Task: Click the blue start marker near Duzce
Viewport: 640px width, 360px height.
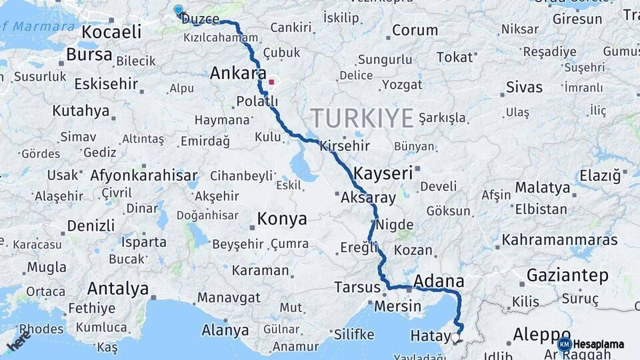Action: click(x=178, y=10)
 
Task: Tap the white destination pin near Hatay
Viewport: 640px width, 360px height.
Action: click(x=456, y=337)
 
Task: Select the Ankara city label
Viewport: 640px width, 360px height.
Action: click(x=238, y=74)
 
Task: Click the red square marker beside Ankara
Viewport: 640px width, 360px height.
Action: click(x=271, y=83)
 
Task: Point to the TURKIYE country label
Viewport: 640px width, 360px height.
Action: click(x=362, y=118)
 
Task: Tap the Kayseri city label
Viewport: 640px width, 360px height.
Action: click(x=383, y=173)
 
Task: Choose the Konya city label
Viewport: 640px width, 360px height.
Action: click(x=282, y=219)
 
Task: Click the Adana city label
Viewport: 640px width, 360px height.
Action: click(x=439, y=280)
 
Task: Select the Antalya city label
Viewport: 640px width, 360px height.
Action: click(x=118, y=289)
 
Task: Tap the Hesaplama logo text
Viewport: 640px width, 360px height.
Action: click(x=599, y=344)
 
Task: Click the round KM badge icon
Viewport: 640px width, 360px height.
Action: click(x=565, y=344)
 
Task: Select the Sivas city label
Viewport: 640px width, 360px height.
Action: click(x=524, y=87)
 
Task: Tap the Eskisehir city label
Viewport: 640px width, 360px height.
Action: click(x=106, y=84)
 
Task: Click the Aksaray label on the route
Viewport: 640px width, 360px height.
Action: click(x=368, y=198)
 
